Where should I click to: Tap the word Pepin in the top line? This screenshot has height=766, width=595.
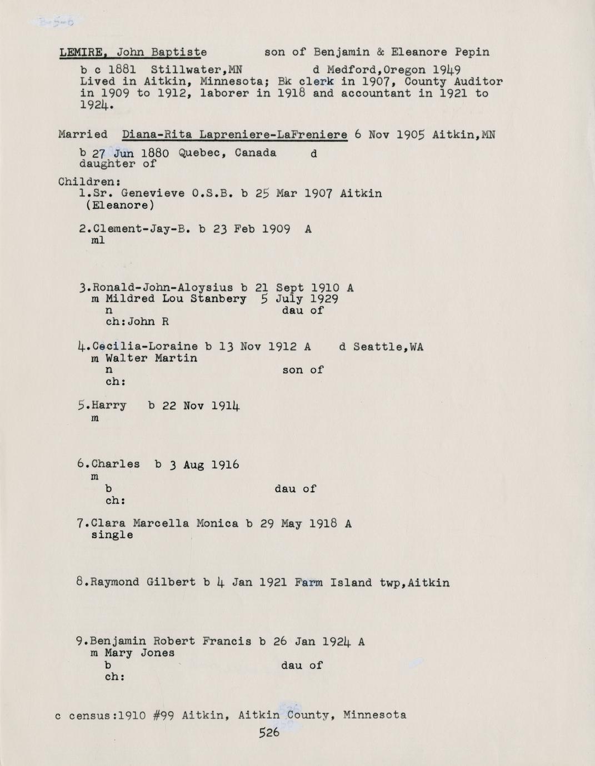tap(472, 53)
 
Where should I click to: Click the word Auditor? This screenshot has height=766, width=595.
tap(481, 82)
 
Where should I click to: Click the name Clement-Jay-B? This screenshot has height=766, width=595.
tap(141, 229)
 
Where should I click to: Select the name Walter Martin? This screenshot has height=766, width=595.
tap(151, 358)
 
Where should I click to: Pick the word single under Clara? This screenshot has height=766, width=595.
tap(112, 535)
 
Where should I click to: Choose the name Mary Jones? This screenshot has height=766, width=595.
tap(139, 653)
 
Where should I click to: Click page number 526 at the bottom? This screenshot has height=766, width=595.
tap(269, 733)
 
